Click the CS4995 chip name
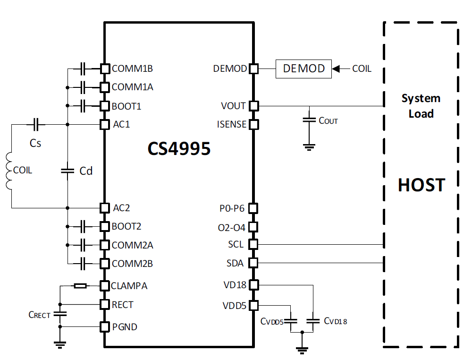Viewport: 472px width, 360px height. pos(179,148)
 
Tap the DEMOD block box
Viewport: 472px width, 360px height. pos(303,69)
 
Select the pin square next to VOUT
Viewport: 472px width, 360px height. pos(254,106)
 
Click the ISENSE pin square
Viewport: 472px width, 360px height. pos(254,124)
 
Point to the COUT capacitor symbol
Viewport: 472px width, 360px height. pos(309,120)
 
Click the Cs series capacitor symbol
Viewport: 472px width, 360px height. pos(36,124)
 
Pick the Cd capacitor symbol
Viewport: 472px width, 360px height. pos(67,171)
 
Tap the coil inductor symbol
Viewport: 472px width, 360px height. pos(8,171)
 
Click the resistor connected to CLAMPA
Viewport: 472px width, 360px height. pos(80,285)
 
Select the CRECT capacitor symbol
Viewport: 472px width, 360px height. pos(60,314)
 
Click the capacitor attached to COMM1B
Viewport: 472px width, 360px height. pos(83,69)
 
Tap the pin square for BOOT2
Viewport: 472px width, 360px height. pos(104,226)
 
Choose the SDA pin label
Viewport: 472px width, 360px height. pos(235,263)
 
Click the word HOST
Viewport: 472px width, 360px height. pos(421,185)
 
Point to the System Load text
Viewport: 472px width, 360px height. pos(421,106)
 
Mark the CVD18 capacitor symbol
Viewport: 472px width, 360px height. pos(313,321)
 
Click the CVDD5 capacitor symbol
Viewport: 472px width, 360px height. pos(290,321)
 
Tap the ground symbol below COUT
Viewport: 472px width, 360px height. pos(309,147)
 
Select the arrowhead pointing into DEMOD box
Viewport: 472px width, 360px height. pos(336,69)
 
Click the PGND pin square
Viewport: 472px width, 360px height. pos(104,326)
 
